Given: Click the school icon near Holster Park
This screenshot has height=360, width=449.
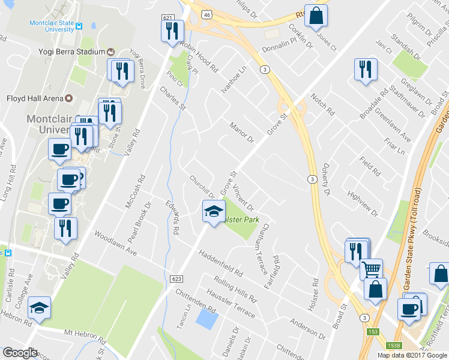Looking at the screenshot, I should click(x=213, y=212).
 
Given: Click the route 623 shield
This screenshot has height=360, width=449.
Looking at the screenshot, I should click(x=176, y=278).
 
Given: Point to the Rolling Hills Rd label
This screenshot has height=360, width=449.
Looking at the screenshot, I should click(x=235, y=289).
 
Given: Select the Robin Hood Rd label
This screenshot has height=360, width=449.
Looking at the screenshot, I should click(x=199, y=57).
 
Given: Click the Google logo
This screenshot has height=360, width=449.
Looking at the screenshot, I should click(x=20, y=353).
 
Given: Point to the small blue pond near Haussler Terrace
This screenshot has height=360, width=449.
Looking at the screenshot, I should click(x=206, y=319).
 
